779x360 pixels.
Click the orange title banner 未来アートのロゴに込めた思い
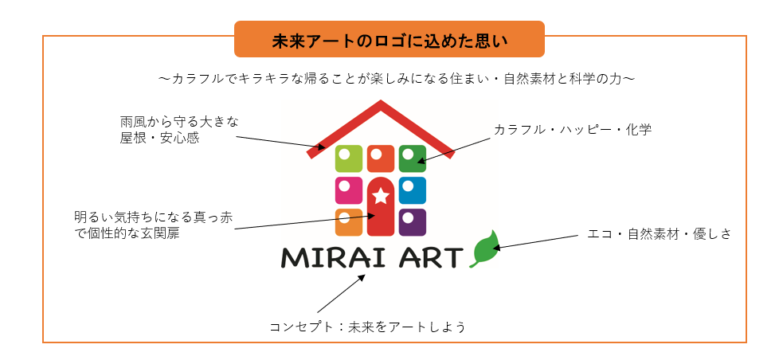(x=389, y=39)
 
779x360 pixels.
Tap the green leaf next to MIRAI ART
(x=485, y=249)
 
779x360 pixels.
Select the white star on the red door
(x=381, y=196)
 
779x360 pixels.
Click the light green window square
(x=349, y=158)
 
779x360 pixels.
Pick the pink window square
(x=349, y=190)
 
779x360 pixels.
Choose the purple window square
(x=413, y=222)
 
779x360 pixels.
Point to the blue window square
(x=413, y=190)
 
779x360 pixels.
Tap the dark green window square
(x=413, y=158)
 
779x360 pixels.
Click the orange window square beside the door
(x=349, y=222)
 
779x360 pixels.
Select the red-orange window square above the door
(x=381, y=158)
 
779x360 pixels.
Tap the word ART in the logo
(x=430, y=258)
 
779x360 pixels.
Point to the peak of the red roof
(x=381, y=102)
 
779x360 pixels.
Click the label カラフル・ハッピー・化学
(x=573, y=130)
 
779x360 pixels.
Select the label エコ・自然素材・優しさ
(x=660, y=234)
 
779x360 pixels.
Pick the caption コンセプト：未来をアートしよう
(x=368, y=327)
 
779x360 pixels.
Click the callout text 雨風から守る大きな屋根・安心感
(x=179, y=130)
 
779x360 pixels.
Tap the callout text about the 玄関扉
(x=153, y=225)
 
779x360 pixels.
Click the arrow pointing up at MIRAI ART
(x=341, y=293)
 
